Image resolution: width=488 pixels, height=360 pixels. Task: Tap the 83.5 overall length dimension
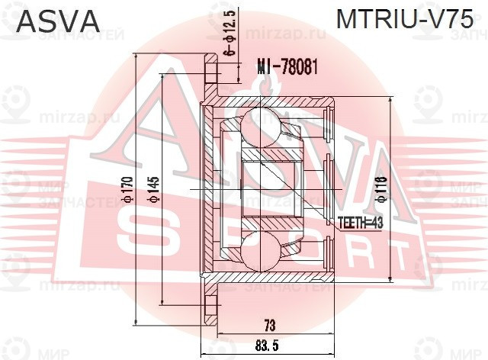click(x=268, y=346)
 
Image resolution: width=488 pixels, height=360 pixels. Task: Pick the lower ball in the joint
click(x=258, y=252)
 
